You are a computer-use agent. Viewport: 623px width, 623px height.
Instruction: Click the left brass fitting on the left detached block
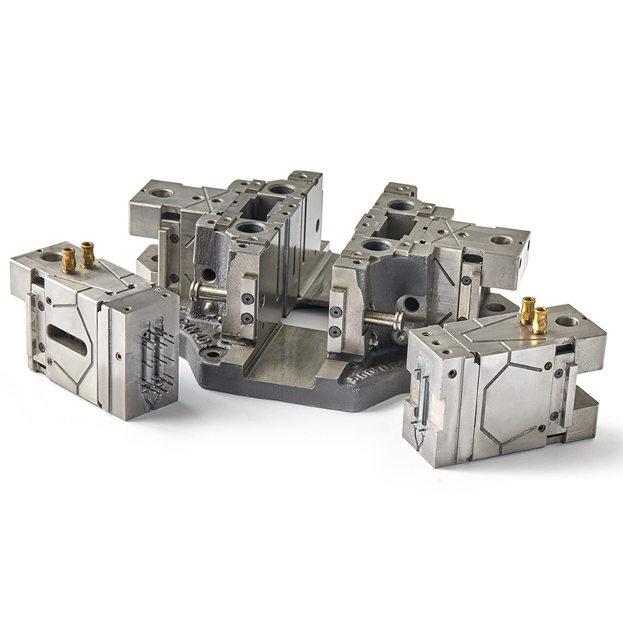click(69, 259)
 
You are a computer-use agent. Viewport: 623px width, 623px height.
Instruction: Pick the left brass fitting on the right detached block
click(528, 309)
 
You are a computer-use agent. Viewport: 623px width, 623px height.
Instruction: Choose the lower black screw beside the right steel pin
click(336, 332)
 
